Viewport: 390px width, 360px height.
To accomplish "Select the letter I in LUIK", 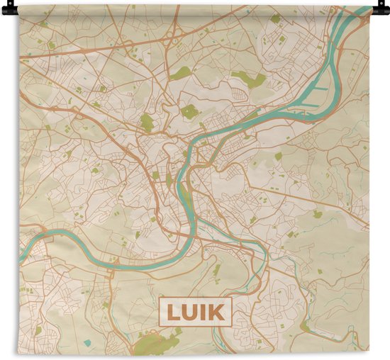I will point(203,312).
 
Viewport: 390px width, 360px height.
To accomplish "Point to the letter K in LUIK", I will point(215,312).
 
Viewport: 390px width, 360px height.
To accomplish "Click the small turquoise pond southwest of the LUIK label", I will point(87,343).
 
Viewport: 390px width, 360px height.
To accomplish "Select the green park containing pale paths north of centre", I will point(189,111).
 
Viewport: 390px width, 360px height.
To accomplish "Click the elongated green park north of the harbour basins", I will point(247,79).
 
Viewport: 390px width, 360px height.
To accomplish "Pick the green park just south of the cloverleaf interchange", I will point(182,72).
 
